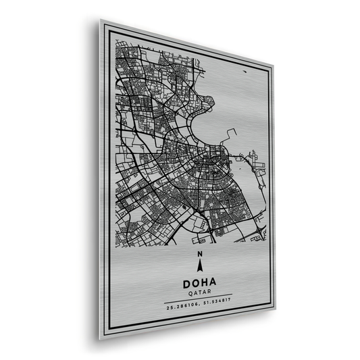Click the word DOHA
(199, 285)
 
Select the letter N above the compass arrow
(199, 254)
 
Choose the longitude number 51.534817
(215, 309)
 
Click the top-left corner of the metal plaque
(101, 20)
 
